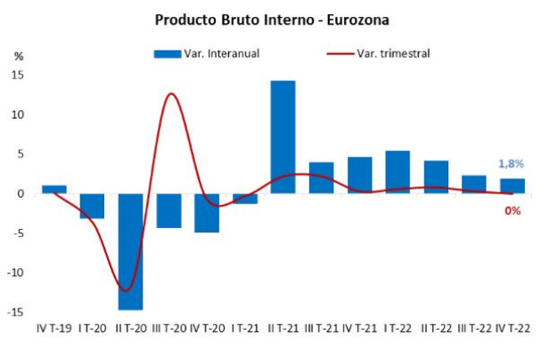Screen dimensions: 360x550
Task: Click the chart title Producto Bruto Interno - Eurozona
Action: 272,19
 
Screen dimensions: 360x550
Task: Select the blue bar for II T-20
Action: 130,251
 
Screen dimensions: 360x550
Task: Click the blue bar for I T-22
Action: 398,172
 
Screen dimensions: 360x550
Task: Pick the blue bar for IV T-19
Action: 54,189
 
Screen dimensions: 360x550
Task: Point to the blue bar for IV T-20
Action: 207,212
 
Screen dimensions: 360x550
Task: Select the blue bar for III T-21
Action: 321,177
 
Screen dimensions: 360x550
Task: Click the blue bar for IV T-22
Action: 512,186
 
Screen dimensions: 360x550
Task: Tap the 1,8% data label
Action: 510,164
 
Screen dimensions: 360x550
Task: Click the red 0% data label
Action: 513,210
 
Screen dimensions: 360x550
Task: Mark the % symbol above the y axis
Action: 18,55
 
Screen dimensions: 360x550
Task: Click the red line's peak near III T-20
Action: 170,94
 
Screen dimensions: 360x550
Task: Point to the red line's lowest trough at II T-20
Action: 127,290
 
